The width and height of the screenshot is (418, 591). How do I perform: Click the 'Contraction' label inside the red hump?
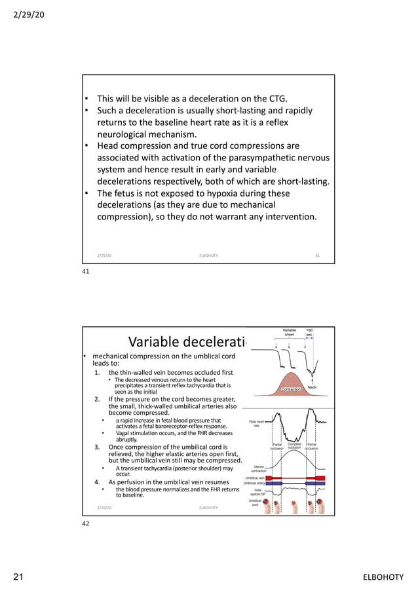[x=290, y=389]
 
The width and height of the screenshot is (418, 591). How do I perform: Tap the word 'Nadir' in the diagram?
[x=313, y=388]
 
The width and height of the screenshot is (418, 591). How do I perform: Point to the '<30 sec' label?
[x=310, y=334]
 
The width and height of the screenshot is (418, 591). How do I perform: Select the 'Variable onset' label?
[x=289, y=334]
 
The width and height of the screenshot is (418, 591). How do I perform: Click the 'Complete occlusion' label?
[x=294, y=446]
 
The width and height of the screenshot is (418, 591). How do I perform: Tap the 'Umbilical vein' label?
[x=254, y=478]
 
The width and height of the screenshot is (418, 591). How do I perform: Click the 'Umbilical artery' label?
[x=254, y=484]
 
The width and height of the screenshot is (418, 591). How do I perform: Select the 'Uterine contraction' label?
[x=259, y=468]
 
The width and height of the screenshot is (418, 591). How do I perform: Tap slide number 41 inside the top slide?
[x=318, y=255]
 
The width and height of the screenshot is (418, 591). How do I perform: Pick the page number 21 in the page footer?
[x=19, y=577]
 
